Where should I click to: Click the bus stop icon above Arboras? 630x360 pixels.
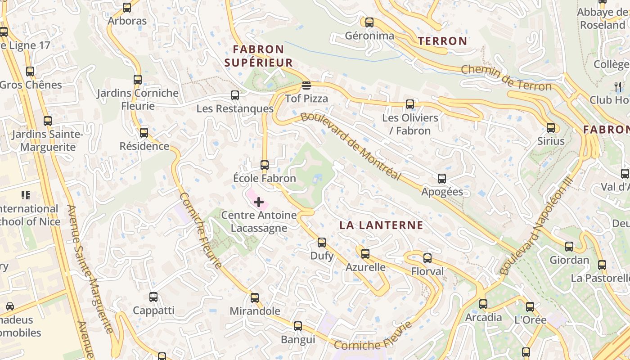pyautogui.click(x=127, y=8)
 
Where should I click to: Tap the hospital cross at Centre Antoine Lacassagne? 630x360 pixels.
pyautogui.click(x=259, y=202)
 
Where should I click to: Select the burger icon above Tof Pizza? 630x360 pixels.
pyautogui.click(x=306, y=85)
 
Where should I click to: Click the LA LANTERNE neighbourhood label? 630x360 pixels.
pyautogui.click(x=381, y=225)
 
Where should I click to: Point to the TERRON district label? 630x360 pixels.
pyautogui.click(x=442, y=41)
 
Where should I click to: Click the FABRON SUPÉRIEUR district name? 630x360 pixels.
pyautogui.click(x=258, y=56)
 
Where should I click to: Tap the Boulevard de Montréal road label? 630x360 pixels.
pyautogui.click(x=351, y=145)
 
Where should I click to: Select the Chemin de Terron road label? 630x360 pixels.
pyautogui.click(x=506, y=77)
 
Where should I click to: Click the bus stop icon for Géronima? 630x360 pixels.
pyautogui.click(x=369, y=22)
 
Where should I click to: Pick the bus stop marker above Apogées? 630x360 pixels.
pyautogui.click(x=442, y=178)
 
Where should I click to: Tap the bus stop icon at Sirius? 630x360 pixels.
pyautogui.click(x=551, y=127)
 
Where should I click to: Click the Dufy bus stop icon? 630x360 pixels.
pyautogui.click(x=322, y=243)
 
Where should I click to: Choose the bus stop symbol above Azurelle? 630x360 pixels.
pyautogui.click(x=365, y=254)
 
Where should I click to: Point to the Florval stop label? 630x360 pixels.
pyautogui.click(x=427, y=271)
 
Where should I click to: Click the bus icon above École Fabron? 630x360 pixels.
pyautogui.click(x=265, y=165)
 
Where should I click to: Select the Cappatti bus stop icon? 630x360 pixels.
pyautogui.click(x=153, y=297)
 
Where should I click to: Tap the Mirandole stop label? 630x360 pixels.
pyautogui.click(x=255, y=311)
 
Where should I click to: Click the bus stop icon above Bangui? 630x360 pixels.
pyautogui.click(x=298, y=326)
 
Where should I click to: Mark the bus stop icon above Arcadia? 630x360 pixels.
pyautogui.click(x=483, y=304)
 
